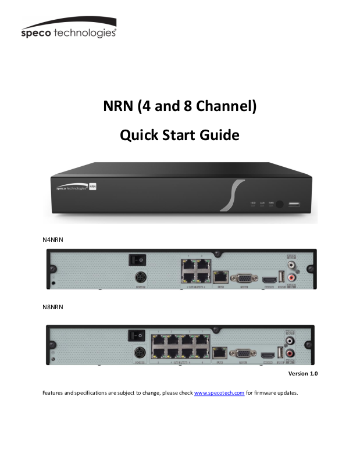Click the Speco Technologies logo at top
click(x=68, y=28)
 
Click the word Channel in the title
click(x=222, y=106)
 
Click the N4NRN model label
click(x=52, y=239)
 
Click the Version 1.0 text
click(x=303, y=373)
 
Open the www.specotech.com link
click(x=219, y=393)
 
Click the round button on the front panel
click(x=280, y=204)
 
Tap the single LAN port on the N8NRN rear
click(x=219, y=353)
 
